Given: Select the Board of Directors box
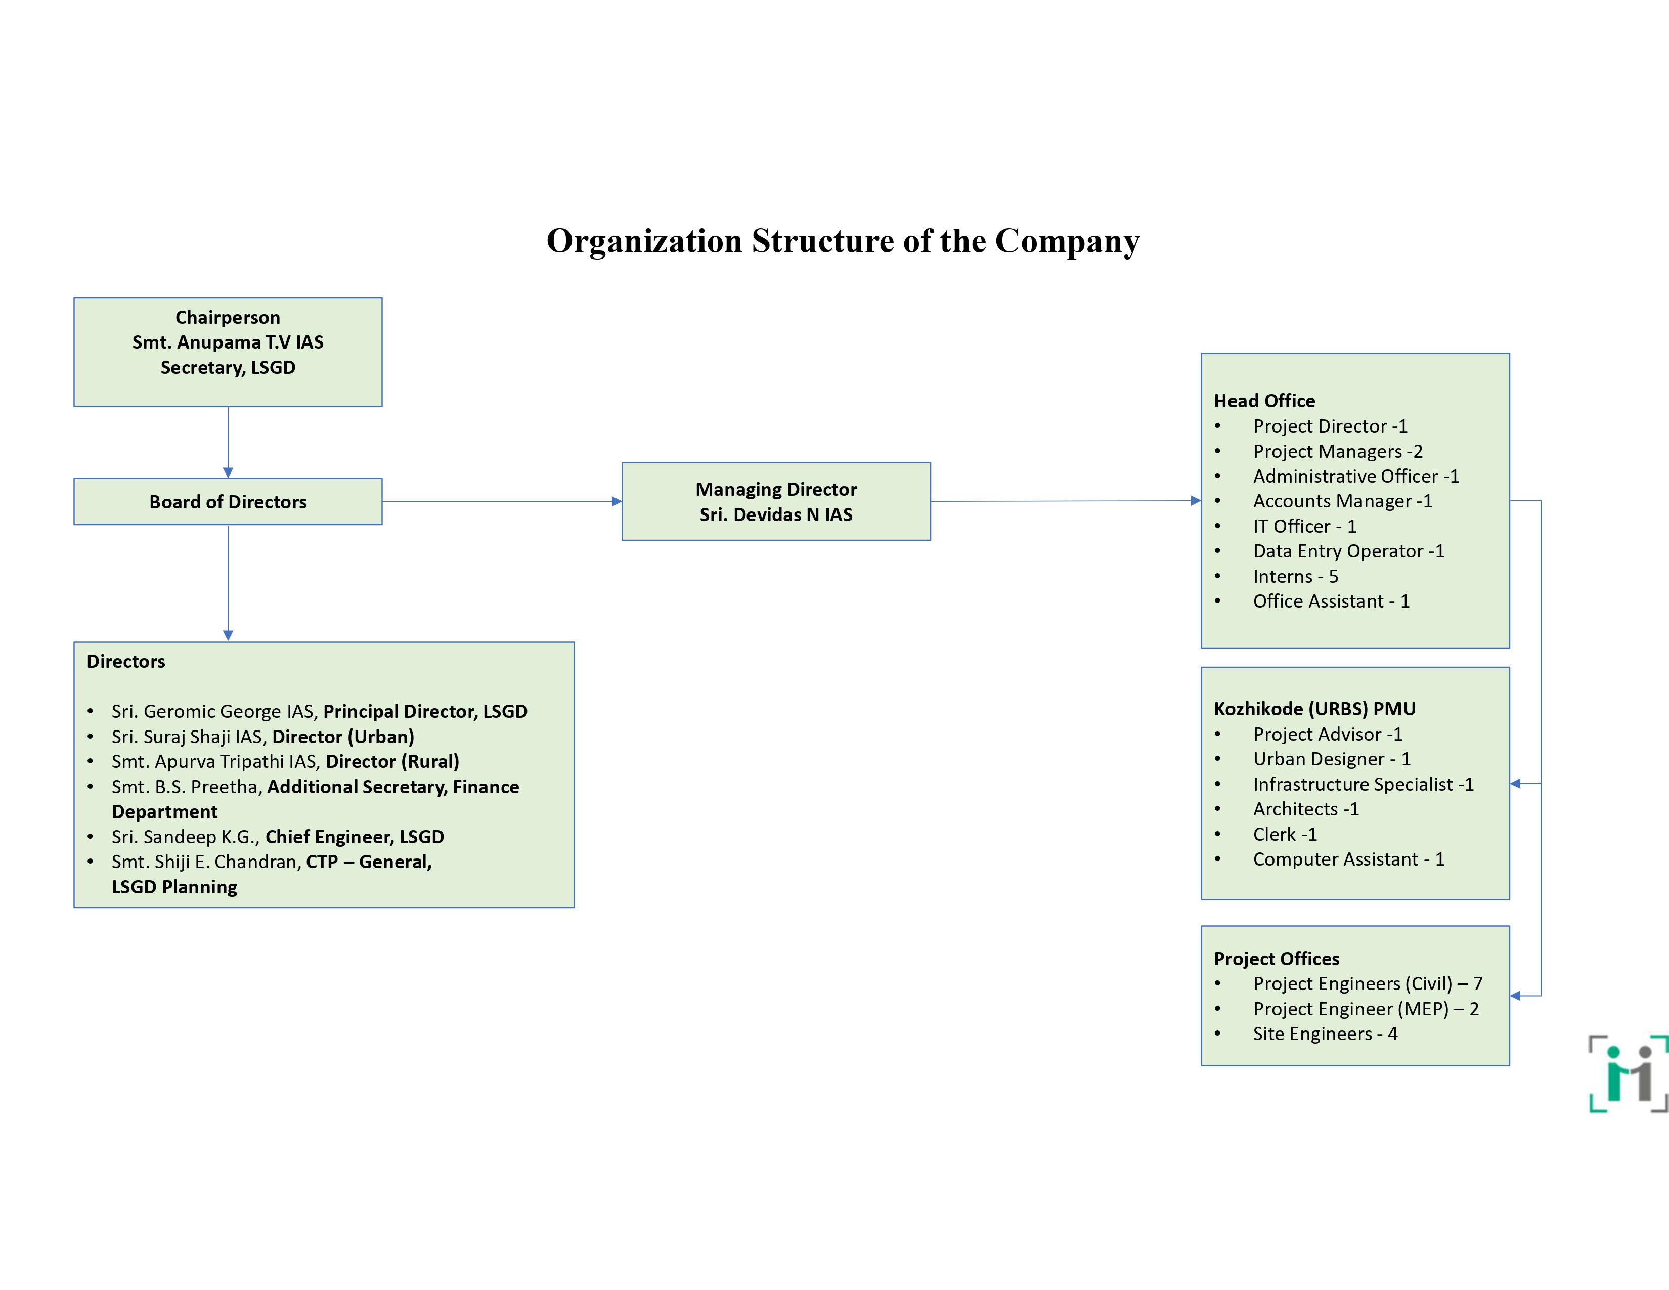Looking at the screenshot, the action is (228, 501).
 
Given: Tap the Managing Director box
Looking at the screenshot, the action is (776, 501).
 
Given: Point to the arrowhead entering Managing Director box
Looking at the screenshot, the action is (617, 501).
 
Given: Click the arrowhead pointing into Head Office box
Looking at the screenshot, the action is (1196, 500).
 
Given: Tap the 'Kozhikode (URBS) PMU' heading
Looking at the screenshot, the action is (1314, 708).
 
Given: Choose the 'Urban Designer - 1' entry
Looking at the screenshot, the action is (1331, 759).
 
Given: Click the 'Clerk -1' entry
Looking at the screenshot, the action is (1285, 834).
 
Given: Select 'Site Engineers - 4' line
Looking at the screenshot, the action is (1325, 1033).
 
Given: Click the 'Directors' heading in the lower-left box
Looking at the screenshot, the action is (125, 661).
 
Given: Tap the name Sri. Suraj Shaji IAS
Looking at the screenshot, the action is (188, 737).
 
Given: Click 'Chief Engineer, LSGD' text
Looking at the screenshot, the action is (355, 837).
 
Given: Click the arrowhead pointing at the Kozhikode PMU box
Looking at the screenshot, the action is (1515, 783).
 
